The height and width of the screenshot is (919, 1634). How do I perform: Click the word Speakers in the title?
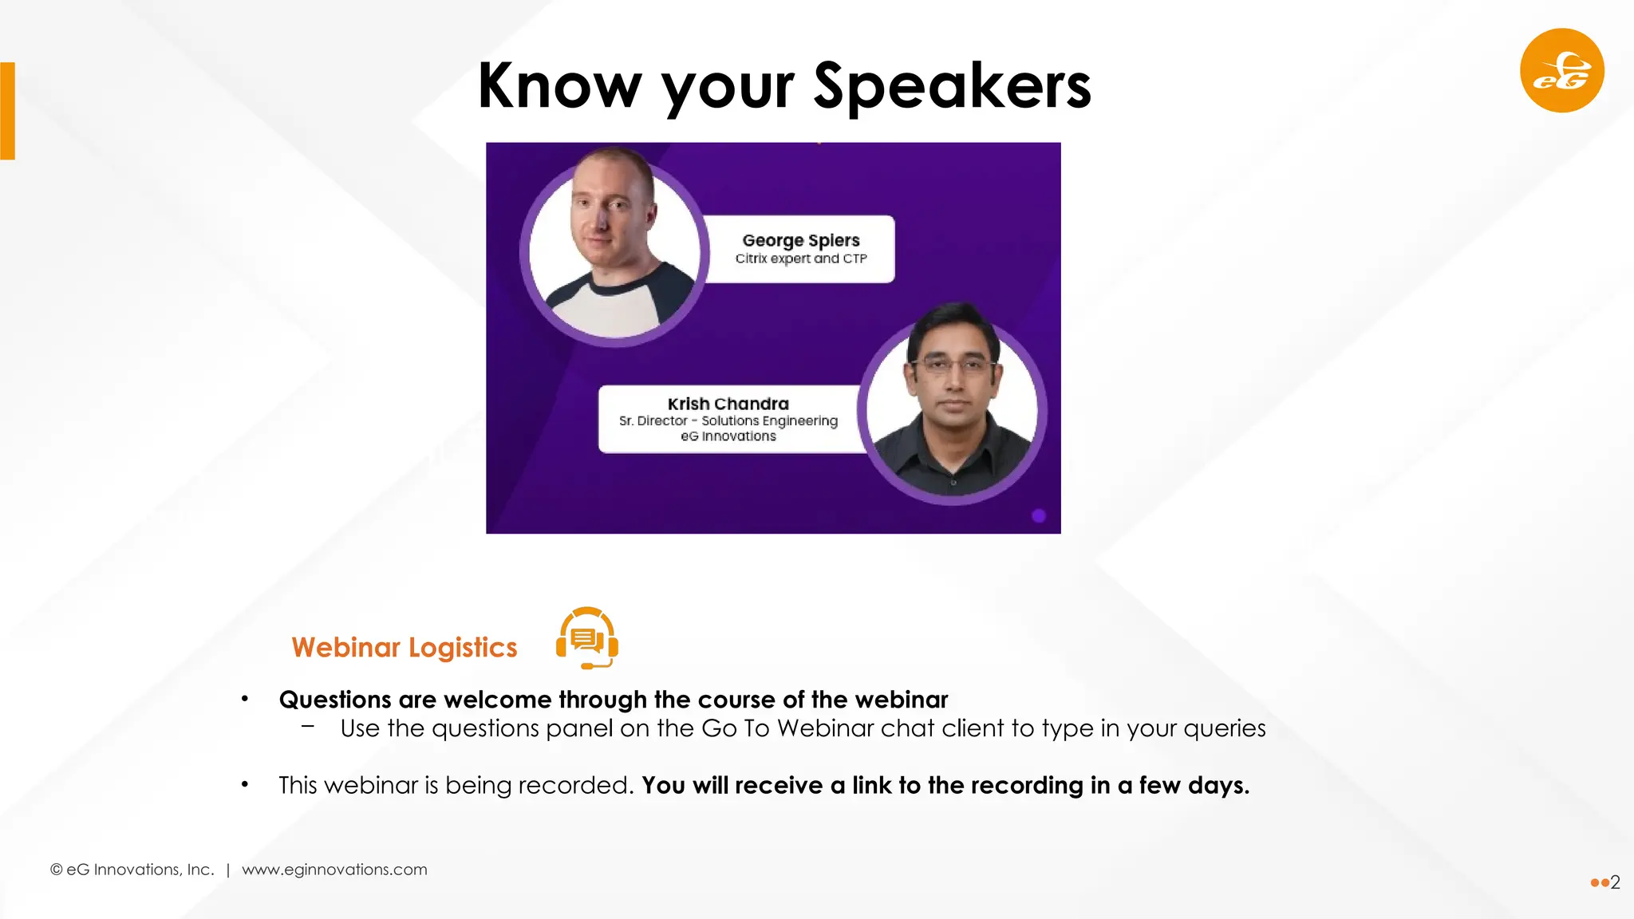coord(952,86)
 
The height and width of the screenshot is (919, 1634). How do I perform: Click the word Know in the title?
coord(559,86)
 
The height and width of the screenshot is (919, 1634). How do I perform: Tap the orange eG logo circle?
coord(1561,71)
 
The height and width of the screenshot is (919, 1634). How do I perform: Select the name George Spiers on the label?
coord(800,240)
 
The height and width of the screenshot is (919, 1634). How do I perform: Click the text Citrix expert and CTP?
coord(800,258)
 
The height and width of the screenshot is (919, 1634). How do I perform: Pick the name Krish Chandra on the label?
coord(728,404)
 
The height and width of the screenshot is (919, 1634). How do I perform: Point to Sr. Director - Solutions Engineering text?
coord(728,420)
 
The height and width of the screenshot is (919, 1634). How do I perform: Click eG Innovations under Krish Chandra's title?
coord(728,436)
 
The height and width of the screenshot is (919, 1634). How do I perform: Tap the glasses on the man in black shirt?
coord(953,366)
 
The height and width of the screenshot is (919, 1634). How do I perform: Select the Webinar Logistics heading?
coord(404,647)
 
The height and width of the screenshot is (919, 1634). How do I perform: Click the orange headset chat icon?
coord(587,638)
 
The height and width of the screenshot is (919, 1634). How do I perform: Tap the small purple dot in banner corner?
coord(1038,515)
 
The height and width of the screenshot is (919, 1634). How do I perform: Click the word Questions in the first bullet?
coord(335,700)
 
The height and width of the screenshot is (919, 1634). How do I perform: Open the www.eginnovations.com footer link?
coord(334,870)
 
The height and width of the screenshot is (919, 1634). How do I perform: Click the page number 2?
coord(1615,882)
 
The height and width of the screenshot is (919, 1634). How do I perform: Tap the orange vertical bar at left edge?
coord(8,111)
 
